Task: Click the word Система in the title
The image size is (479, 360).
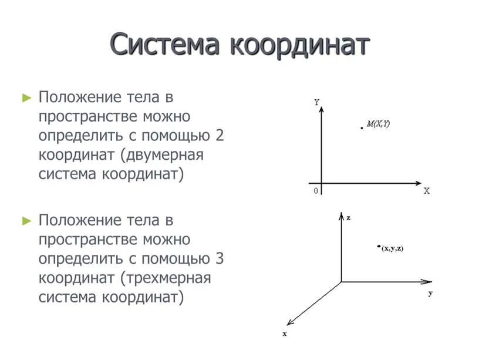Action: [165, 46]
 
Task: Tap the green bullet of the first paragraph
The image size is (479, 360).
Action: [26, 97]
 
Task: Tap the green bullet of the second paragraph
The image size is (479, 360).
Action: [26, 221]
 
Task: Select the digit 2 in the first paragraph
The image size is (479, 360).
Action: [220, 136]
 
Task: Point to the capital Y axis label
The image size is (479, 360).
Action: [317, 102]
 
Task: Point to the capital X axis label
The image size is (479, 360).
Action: [427, 191]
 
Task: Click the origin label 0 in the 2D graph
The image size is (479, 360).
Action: [316, 191]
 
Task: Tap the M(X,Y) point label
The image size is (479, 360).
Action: [379, 124]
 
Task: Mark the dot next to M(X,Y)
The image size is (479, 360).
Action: [362, 127]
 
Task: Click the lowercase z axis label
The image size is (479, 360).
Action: [348, 218]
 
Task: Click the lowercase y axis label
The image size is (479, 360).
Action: [430, 293]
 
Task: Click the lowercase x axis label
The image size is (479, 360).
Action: [284, 334]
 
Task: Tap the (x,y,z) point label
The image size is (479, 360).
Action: [393, 249]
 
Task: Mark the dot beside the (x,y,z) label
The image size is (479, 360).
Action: [379, 247]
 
